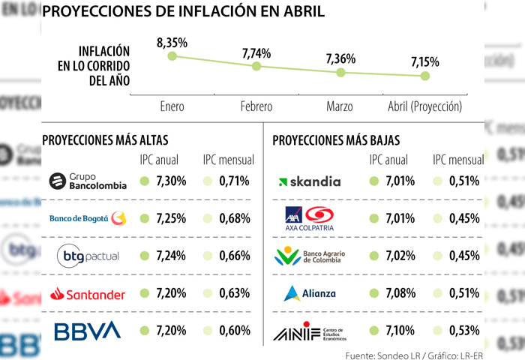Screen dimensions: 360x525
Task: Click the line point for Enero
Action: coord(172,56)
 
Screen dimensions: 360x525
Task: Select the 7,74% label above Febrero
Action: coord(256,53)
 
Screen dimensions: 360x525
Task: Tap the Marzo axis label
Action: coord(340,107)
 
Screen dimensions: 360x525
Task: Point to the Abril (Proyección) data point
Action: coord(425,76)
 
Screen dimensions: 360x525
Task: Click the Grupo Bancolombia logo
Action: coord(88,181)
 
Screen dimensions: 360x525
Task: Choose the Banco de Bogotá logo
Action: coord(88,219)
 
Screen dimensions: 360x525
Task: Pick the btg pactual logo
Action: coord(88,256)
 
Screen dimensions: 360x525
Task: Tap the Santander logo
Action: coord(88,294)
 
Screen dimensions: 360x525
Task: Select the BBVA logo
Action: coord(88,331)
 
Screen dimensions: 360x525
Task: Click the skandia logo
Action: coord(309,181)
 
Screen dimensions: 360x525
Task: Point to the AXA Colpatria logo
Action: coord(309,219)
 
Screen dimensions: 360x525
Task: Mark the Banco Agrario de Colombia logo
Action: coord(309,256)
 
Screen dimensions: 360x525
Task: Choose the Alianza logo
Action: coord(309,294)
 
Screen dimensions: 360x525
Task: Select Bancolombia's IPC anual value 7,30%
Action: coord(170,181)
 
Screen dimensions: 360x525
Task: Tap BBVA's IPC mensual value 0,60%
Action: coord(235,331)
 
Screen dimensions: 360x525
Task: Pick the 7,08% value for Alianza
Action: coord(400,294)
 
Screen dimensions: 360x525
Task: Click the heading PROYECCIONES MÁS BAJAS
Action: coord(336,139)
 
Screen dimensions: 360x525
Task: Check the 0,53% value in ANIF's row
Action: coord(464,331)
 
